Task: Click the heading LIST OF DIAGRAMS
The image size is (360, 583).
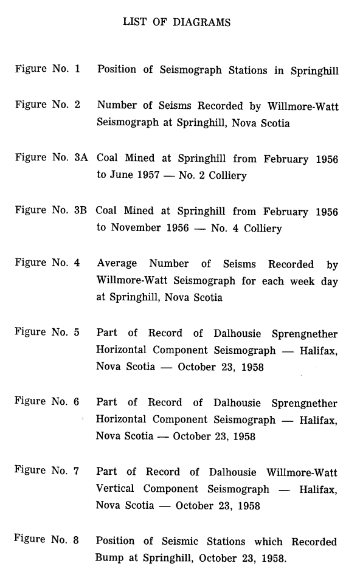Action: coord(176,22)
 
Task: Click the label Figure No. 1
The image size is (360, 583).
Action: coord(47,69)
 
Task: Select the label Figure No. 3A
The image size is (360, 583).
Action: coord(52,158)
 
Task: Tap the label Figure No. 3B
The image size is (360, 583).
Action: coord(52,211)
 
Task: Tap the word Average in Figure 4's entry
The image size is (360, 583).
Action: coord(119,264)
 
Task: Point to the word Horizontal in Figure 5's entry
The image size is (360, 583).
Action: coord(122,351)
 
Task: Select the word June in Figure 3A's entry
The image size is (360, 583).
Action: coord(122,176)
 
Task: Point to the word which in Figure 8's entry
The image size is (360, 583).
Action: coord(268,542)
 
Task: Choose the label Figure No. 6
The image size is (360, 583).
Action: coord(47,402)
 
